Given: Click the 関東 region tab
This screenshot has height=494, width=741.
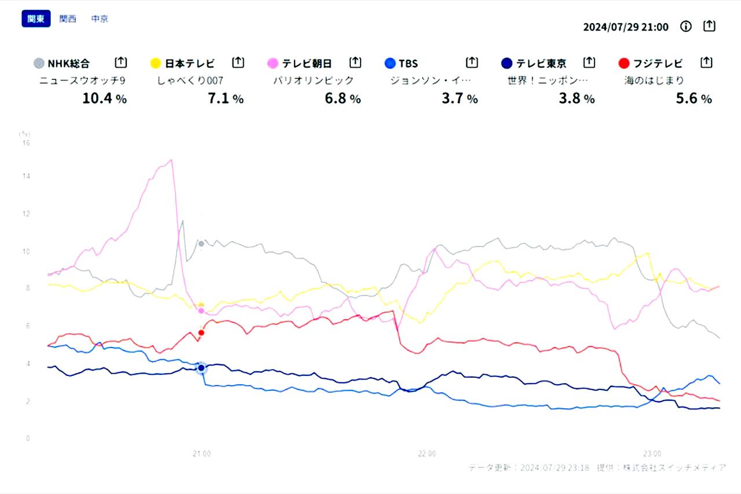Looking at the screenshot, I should pos(36,19).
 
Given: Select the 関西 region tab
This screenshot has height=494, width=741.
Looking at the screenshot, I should pos(68,19).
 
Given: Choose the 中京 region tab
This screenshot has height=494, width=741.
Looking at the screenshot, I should pos(100,19).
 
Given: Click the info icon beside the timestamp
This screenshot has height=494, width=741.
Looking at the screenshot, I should pos(686,27).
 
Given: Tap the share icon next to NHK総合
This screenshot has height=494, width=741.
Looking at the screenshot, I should pos(120,62).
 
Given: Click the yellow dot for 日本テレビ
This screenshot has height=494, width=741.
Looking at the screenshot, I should pos(155,63).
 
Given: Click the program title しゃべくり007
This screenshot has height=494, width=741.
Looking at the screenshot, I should pos(190,80).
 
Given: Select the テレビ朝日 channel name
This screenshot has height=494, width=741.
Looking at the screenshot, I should pos(306,63).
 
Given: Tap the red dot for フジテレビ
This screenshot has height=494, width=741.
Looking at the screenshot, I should pos(623,63).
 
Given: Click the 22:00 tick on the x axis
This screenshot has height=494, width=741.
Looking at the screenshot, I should pos(427,454).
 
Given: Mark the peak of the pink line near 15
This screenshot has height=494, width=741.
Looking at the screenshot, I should pos(171,160).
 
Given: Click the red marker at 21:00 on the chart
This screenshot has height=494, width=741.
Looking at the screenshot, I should pos(201,333).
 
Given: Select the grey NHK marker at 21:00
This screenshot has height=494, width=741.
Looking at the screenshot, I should pos(201,244).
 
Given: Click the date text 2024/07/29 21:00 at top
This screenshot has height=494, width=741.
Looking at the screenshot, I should pos(625,27).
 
